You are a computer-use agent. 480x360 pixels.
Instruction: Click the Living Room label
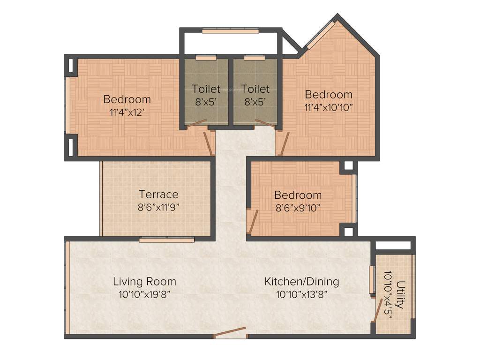[144, 281]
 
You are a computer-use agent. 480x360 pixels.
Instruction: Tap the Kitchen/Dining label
[301, 281]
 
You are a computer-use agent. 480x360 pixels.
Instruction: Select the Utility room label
[399, 294]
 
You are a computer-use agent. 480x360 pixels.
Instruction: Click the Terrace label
[158, 194]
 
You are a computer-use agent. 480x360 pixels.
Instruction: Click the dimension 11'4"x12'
[127, 112]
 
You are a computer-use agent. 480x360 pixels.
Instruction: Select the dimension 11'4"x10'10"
[328, 107]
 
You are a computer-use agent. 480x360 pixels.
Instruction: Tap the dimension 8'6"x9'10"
[298, 208]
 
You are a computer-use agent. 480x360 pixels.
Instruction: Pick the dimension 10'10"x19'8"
[144, 294]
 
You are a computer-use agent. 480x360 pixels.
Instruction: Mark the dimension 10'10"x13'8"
[301, 294]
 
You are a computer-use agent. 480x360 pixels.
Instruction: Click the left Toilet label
[206, 89]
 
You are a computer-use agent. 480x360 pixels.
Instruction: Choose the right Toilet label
[255, 89]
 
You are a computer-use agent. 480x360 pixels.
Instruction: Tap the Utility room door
[375, 311]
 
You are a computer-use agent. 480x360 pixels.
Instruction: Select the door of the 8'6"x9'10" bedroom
[253, 221]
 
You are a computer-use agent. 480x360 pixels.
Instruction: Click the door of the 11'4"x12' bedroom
[209, 143]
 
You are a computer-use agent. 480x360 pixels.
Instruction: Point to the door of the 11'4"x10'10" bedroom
[284, 143]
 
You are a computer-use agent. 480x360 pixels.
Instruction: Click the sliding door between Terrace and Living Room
[166, 240]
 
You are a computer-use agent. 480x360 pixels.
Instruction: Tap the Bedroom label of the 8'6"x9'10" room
[298, 195]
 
